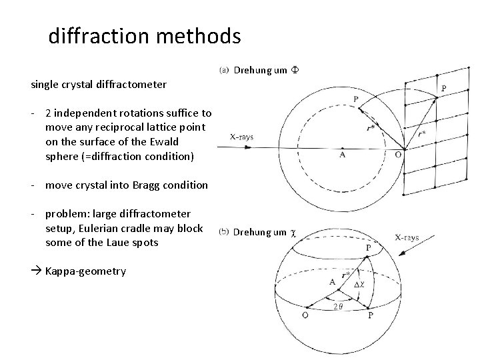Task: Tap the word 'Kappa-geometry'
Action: coord(85,271)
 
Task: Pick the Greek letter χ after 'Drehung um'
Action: coord(292,232)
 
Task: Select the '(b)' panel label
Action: coord(224,232)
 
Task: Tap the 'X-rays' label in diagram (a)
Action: coord(241,137)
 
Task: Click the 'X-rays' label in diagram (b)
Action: coord(406,237)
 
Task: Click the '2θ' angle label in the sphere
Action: coord(339,307)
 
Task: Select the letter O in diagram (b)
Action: coord(305,316)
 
